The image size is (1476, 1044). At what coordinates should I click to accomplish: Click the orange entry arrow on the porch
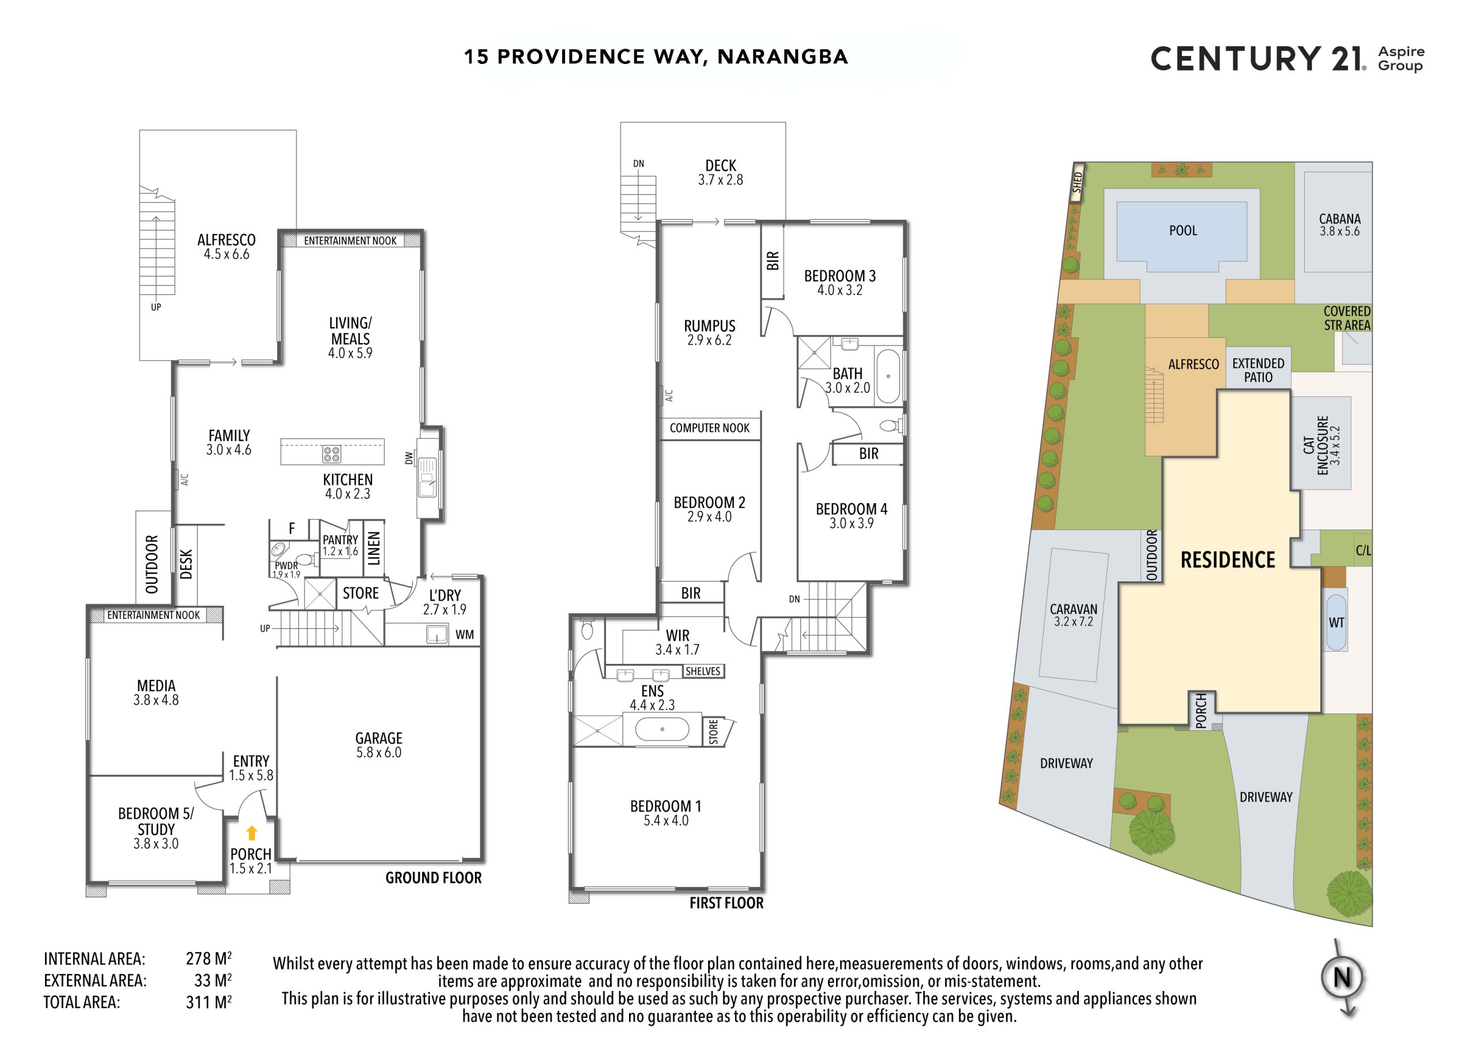click(x=251, y=833)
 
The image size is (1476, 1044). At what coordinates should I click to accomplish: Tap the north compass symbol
click(x=1343, y=978)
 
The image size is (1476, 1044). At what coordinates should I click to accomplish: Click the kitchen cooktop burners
click(x=331, y=454)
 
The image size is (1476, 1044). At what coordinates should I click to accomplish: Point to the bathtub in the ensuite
click(x=662, y=730)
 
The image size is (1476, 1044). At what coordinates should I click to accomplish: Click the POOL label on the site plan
click(x=1183, y=230)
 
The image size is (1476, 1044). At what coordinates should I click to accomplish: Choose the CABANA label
click(x=1340, y=219)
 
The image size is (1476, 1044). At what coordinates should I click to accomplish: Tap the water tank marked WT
click(x=1336, y=622)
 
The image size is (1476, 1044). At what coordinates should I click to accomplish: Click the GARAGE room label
click(x=379, y=738)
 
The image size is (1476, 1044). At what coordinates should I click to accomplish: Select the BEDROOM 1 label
click(x=665, y=806)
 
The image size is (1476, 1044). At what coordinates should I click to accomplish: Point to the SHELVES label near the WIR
click(x=703, y=671)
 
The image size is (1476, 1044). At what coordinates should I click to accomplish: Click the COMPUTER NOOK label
click(x=709, y=428)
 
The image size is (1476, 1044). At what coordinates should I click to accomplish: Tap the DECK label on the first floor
click(x=721, y=166)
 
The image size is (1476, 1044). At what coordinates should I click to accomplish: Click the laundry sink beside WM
click(x=436, y=634)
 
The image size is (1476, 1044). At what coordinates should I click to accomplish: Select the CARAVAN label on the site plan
click(x=1074, y=609)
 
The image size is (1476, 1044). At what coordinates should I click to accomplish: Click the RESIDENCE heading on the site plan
click(x=1228, y=559)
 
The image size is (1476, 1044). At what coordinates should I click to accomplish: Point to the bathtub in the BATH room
click(x=888, y=376)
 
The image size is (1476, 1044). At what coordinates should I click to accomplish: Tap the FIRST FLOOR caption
click(x=726, y=903)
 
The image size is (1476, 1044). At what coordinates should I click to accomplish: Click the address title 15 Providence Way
click(x=656, y=57)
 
